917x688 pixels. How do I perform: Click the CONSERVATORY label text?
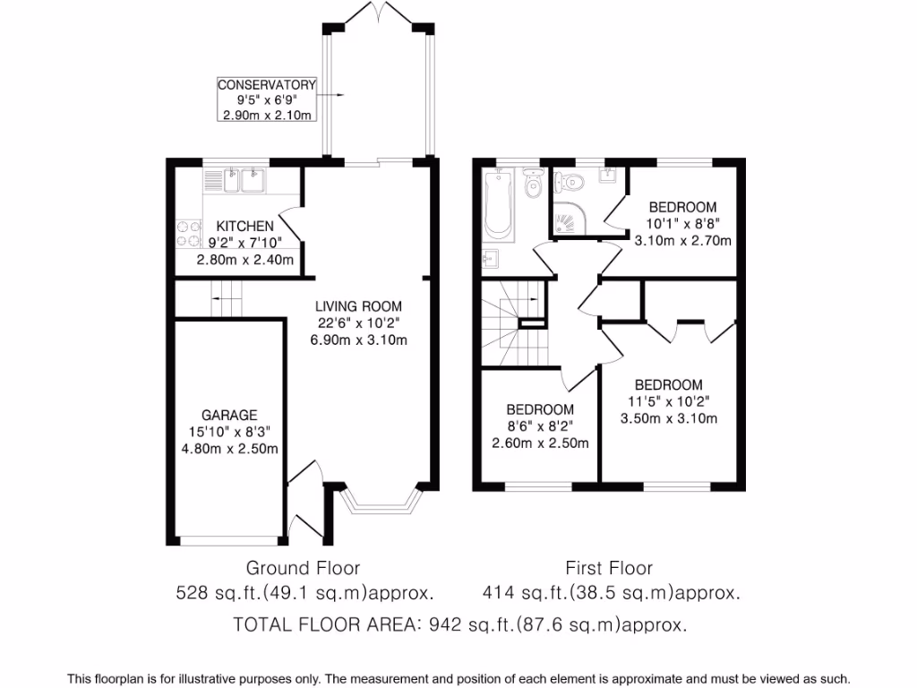tap(268, 85)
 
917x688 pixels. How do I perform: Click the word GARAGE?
tap(229, 415)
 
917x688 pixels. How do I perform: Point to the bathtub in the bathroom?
tap(497, 206)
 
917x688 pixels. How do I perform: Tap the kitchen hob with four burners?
tap(189, 233)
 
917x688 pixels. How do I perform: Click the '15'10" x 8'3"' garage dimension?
tap(229, 432)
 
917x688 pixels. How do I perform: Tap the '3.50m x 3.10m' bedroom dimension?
tap(668, 418)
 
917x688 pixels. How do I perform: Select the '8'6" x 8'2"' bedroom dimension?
tap(539, 426)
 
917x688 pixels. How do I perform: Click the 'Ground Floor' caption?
tap(303, 568)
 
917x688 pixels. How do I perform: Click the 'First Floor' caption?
tap(609, 568)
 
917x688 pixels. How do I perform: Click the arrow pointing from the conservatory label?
tap(332, 94)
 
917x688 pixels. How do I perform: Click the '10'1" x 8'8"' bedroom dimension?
tap(682, 224)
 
